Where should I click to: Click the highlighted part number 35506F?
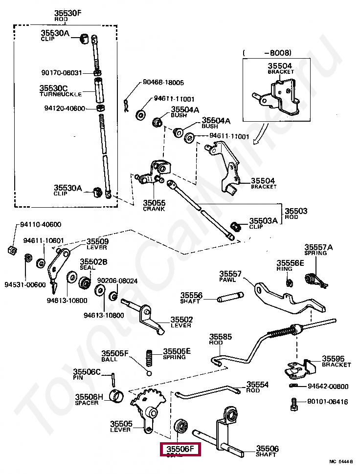click(180, 449)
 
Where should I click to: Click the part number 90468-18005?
click(163, 83)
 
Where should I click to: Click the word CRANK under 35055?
click(154, 209)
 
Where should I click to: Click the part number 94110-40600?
click(41, 225)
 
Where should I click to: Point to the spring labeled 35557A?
click(312, 279)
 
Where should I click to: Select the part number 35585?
click(221, 337)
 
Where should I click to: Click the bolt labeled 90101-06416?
click(294, 403)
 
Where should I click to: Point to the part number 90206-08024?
click(117, 281)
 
